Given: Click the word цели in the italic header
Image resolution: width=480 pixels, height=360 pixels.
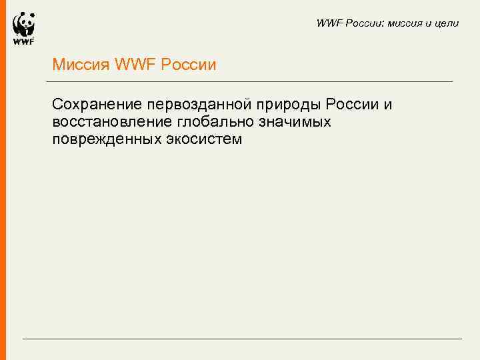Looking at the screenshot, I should [x=447, y=23].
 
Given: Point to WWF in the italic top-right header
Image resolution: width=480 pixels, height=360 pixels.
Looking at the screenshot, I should [x=329, y=23].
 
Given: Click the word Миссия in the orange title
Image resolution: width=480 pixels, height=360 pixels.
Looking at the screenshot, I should [x=81, y=65].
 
